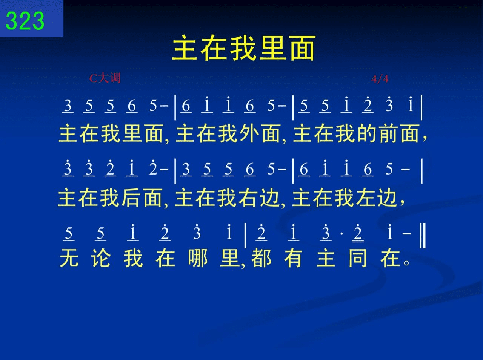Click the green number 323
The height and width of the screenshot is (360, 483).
[25, 21]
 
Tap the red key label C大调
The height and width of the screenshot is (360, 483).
[105, 78]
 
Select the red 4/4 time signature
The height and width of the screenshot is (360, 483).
[380, 79]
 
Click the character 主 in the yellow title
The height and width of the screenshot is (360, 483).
[185, 48]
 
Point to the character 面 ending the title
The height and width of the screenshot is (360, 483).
[302, 48]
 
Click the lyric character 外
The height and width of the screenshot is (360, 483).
[249, 133]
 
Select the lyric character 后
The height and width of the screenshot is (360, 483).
[131, 198]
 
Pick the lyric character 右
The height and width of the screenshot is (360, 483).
[248, 198]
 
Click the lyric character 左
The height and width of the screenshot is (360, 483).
[365, 198]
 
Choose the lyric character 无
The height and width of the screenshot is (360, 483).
[69, 258]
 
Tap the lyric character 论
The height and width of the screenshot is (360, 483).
[101, 258]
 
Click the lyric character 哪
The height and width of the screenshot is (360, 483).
[197, 258]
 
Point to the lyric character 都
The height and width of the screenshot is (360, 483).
[261, 258]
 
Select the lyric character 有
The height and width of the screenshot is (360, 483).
[293, 258]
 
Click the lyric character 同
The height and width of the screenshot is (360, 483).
[358, 258]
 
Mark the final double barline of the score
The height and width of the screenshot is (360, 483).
[423, 235]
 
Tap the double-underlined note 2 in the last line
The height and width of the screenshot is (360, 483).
[358, 233]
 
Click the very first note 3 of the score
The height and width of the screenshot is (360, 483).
[68, 106]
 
